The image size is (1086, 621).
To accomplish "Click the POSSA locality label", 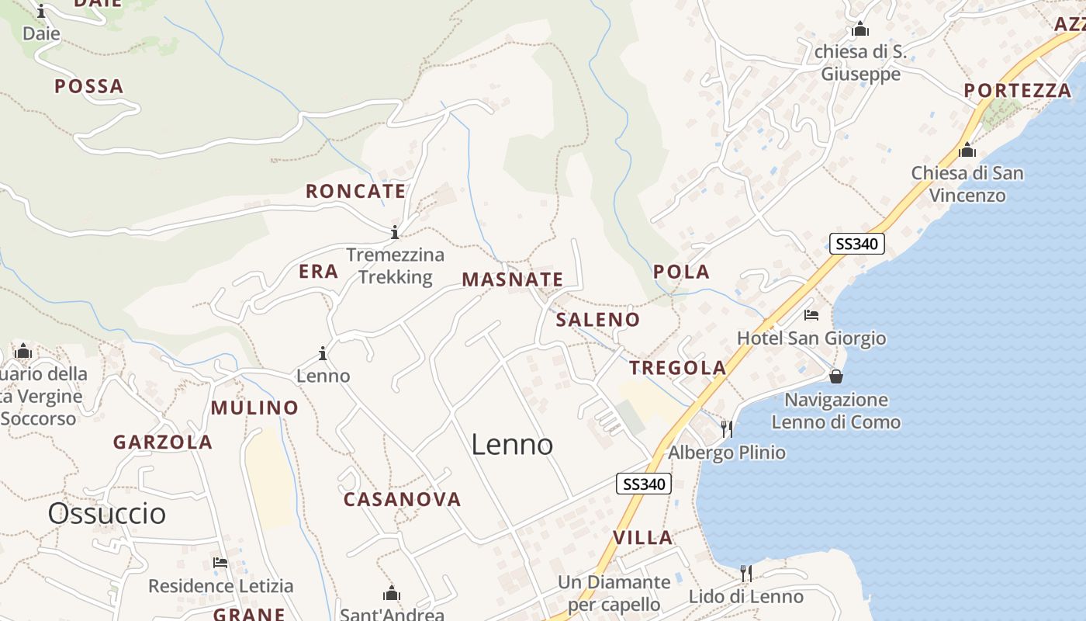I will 89,86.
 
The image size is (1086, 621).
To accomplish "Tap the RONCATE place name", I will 355,191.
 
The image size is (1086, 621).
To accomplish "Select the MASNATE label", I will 512,279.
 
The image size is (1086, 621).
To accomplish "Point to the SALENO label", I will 598,319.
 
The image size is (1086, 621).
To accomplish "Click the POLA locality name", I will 681,272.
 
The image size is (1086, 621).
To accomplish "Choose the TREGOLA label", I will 678,368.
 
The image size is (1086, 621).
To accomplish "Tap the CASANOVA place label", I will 402,499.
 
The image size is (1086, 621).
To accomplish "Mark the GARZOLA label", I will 163,442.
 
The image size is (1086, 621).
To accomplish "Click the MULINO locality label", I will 254,408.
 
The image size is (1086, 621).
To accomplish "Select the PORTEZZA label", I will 1017,91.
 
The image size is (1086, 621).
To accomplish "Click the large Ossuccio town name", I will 107,513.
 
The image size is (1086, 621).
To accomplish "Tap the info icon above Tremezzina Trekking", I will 395,232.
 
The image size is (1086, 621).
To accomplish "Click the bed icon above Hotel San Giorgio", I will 811,315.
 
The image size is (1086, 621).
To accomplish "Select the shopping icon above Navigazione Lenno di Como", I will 836,376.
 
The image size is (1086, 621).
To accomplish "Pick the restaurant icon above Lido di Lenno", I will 745,574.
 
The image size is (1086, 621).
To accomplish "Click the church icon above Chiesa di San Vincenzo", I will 967,150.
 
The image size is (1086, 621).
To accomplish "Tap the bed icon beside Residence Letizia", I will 220,562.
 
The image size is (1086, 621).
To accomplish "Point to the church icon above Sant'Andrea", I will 392,594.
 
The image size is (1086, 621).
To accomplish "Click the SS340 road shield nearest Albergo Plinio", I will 643,484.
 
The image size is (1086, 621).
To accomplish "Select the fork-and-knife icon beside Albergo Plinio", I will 727,428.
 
